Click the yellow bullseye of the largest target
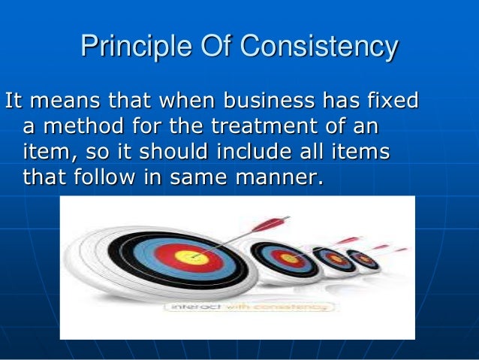pyautogui.click(x=191, y=257)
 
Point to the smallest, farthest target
pyautogui.click(x=366, y=259)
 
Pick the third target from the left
pyautogui.click(x=333, y=259)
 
